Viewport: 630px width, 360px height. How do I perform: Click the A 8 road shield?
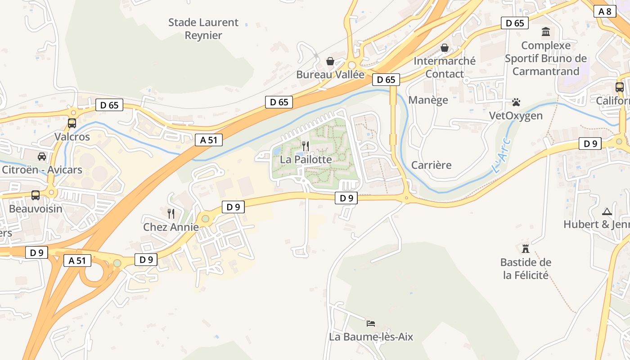(605, 11)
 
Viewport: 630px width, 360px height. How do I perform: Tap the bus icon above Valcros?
(72, 123)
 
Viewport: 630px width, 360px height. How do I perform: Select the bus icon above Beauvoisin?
(36, 195)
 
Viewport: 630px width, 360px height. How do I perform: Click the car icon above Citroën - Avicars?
(42, 156)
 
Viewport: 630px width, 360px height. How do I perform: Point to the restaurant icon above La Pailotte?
(306, 146)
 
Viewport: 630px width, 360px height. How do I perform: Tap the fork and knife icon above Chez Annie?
(171, 213)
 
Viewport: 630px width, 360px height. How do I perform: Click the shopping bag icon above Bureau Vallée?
(330, 61)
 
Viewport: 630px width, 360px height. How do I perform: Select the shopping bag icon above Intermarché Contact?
(445, 48)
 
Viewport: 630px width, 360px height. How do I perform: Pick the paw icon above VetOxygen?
(516, 102)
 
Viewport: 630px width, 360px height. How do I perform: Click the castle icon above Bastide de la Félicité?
(525, 248)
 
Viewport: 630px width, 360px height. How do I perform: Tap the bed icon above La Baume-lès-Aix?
(371, 323)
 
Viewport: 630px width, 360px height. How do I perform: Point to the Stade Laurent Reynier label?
(203, 29)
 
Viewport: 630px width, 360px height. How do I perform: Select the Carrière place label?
(431, 165)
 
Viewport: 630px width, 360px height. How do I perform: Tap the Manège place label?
(428, 100)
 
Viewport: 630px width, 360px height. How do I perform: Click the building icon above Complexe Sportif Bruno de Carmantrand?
(546, 32)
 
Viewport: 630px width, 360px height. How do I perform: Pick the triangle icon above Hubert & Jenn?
(607, 211)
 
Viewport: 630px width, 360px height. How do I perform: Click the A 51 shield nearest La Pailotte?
(209, 140)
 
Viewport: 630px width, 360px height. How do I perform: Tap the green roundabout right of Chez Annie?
(206, 219)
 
